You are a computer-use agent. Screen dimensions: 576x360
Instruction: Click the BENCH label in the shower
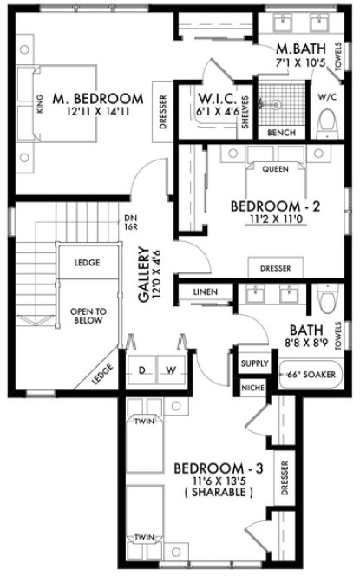point(282,133)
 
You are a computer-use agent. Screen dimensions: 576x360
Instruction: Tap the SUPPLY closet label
point(254,363)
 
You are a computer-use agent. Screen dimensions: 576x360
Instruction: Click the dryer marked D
point(143,370)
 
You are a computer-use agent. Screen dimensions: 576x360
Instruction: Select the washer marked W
point(172,370)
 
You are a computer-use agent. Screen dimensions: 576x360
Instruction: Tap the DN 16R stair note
point(132,222)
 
